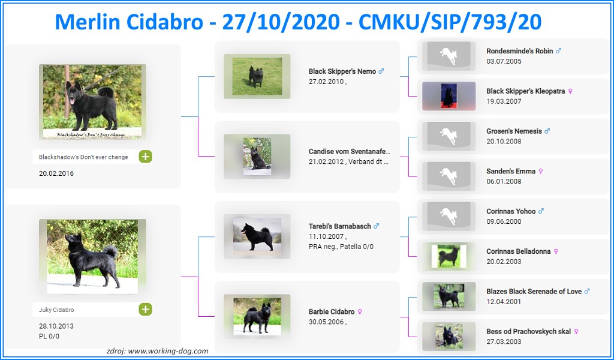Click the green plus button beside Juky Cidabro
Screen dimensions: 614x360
point(145,310)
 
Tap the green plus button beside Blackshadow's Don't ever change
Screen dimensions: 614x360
point(145,157)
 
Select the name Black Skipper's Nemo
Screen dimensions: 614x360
point(342,71)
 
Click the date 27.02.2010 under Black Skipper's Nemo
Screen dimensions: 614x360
point(326,82)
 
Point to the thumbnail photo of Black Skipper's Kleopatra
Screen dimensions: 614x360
point(449,96)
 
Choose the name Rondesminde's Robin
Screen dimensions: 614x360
point(520,51)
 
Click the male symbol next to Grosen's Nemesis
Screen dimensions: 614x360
point(547,131)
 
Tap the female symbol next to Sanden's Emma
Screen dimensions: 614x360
point(541,171)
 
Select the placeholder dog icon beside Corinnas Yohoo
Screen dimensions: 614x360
point(449,216)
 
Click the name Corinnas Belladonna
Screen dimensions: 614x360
point(519,251)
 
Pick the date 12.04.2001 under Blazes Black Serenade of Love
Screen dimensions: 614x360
point(504,301)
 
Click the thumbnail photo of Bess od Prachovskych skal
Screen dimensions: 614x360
point(449,336)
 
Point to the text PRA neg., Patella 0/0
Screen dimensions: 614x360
point(341,247)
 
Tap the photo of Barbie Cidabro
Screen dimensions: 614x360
point(257,317)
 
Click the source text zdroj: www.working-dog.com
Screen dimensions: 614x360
point(158,351)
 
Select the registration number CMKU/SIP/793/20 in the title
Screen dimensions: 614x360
point(450,22)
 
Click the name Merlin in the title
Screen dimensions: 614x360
point(88,22)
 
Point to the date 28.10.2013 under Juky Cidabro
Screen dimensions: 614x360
point(56,326)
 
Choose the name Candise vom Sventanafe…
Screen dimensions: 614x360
point(350,152)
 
